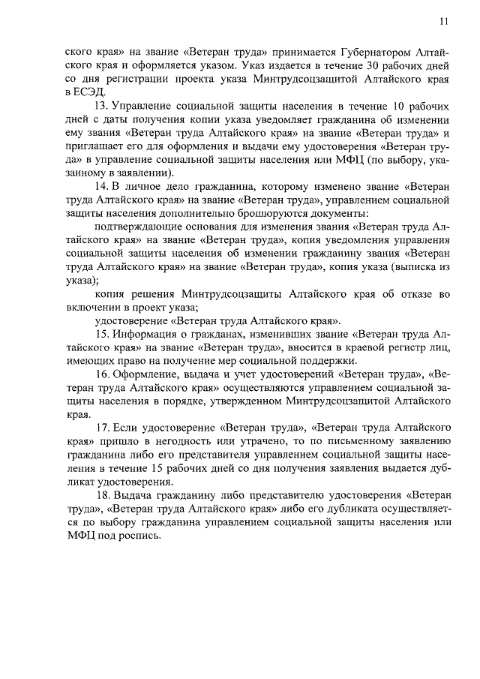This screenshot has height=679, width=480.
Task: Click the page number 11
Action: tap(444, 22)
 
